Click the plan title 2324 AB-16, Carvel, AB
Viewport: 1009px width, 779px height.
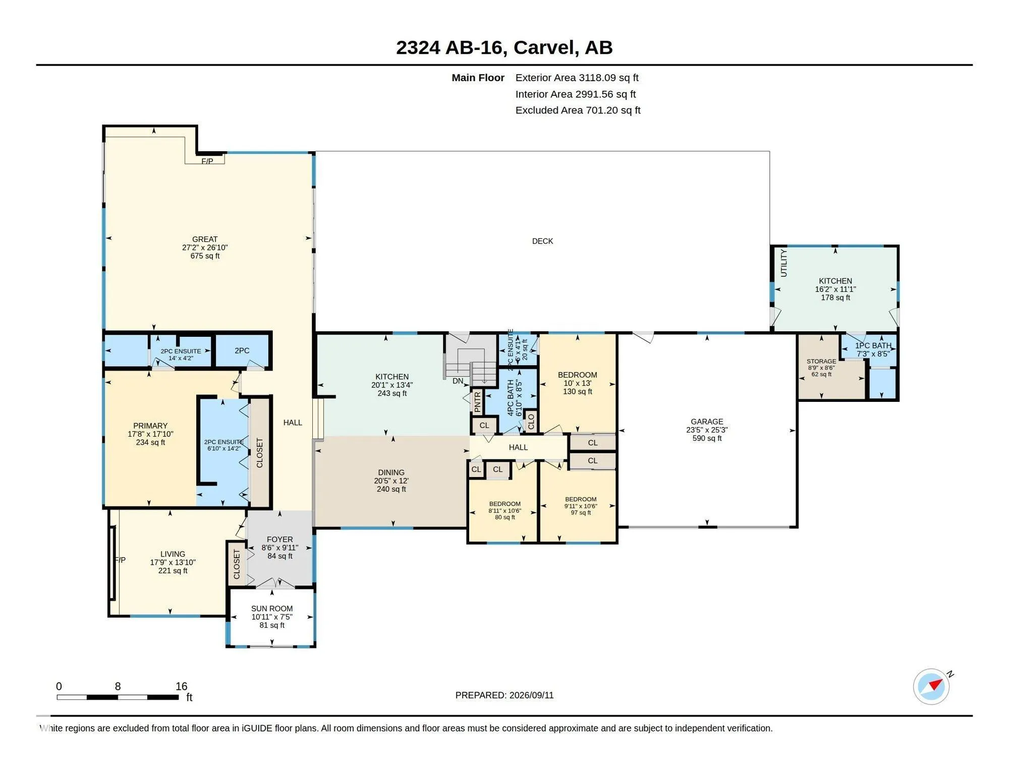click(x=504, y=47)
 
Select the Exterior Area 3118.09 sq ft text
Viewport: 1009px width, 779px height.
click(x=577, y=78)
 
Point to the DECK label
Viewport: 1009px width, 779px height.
click(x=542, y=241)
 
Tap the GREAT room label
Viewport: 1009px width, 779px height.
click(x=205, y=239)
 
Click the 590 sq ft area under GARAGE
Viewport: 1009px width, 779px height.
click(x=707, y=438)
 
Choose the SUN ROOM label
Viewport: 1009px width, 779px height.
click(x=272, y=609)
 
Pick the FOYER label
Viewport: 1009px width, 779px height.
click(x=280, y=540)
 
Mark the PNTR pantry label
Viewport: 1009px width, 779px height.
click(x=478, y=402)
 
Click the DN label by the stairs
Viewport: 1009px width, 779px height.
click(x=458, y=381)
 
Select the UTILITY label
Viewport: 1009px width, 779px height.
click(x=783, y=263)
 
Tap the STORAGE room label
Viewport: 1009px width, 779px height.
click(x=821, y=361)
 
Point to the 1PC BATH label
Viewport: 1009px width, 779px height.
click(x=873, y=345)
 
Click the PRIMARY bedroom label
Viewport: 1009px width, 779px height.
click(x=150, y=426)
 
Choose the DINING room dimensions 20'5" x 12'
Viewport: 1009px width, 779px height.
click(x=391, y=481)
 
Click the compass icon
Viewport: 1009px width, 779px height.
click(x=931, y=686)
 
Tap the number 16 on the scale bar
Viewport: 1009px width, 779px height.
click(x=182, y=686)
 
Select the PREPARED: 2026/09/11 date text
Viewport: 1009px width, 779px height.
click(x=504, y=695)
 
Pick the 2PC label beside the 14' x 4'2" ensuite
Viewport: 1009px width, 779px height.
click(x=242, y=350)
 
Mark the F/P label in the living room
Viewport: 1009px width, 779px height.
click(x=120, y=560)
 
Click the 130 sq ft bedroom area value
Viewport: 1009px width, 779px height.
click(x=577, y=391)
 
